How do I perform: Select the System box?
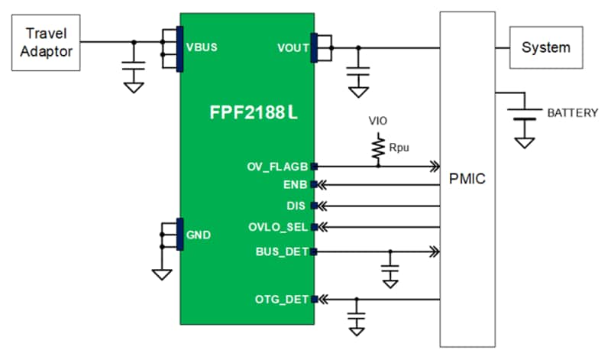click(545, 47)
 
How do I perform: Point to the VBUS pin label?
click(202, 47)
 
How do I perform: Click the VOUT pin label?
click(293, 48)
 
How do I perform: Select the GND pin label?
click(198, 235)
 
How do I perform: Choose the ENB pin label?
click(294, 185)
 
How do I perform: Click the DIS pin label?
click(296, 206)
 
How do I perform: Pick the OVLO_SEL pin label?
click(280, 227)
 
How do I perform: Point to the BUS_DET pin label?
click(282, 251)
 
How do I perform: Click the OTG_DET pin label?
click(282, 299)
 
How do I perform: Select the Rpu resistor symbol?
click(377, 148)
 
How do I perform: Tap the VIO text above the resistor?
click(377, 121)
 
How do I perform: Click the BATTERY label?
click(572, 112)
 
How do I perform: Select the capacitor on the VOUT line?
click(357, 73)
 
